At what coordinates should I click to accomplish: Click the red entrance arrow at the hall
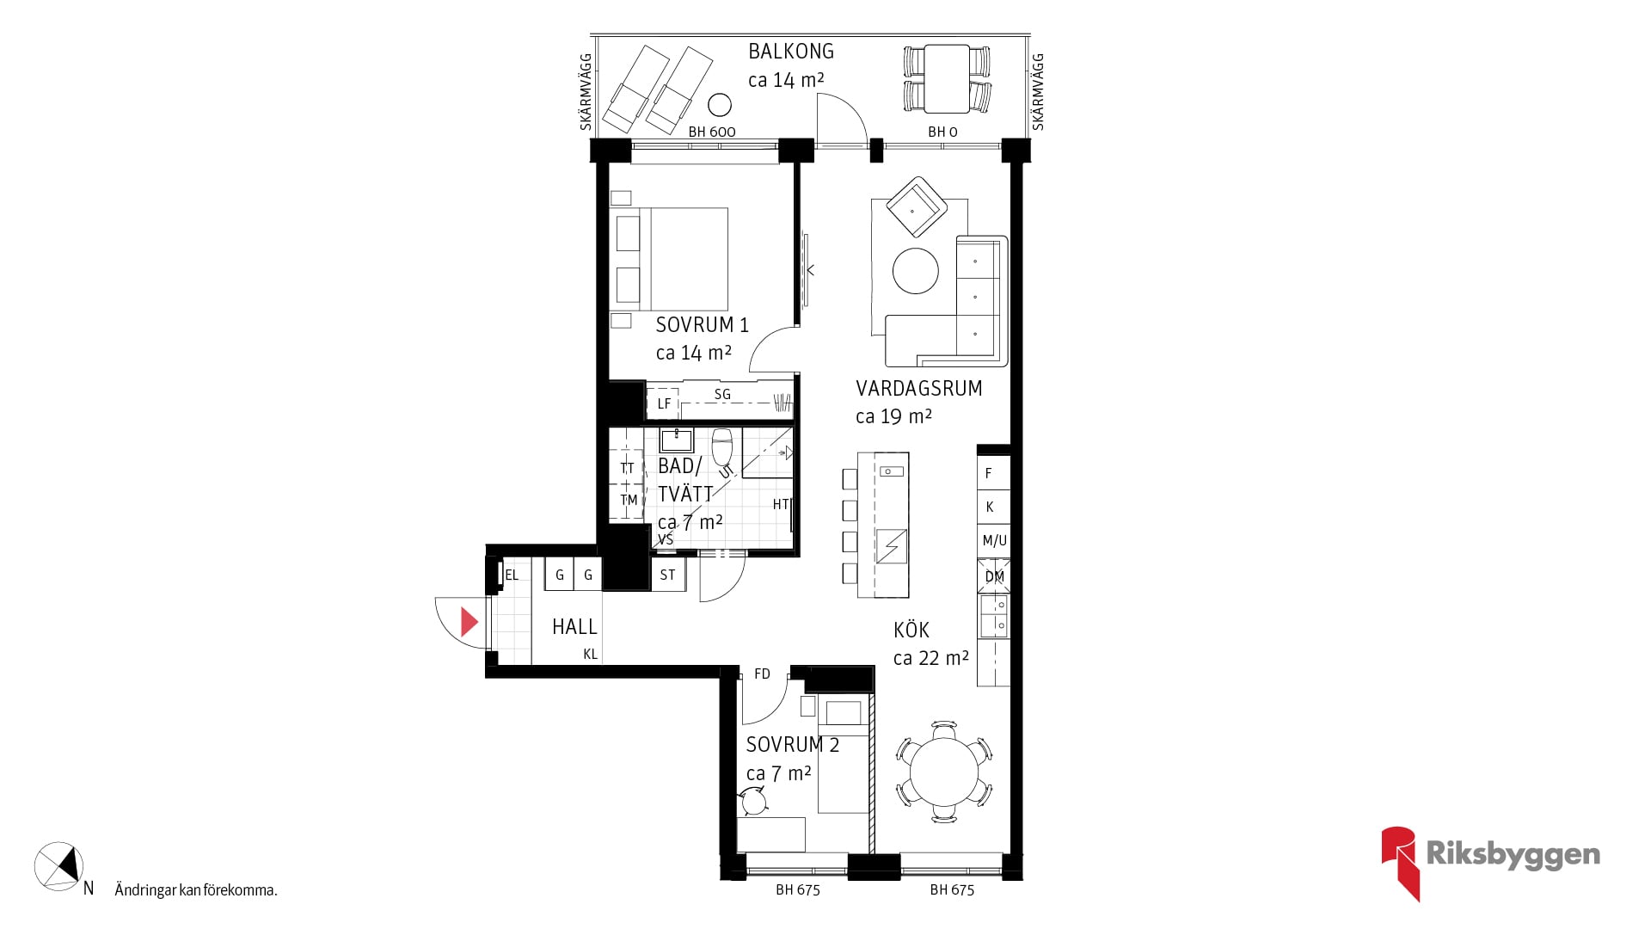[x=469, y=622]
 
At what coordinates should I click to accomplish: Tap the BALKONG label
[x=791, y=52]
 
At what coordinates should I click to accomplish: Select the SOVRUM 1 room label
[x=702, y=325]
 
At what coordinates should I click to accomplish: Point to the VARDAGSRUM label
[x=918, y=389]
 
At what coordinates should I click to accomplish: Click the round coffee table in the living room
[x=915, y=271]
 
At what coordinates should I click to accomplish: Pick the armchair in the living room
[x=917, y=207]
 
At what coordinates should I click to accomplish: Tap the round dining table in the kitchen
[x=944, y=772]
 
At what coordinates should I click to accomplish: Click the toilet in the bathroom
[x=722, y=446]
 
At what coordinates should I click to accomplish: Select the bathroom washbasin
[x=677, y=440]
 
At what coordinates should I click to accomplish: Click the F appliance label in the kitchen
[x=989, y=473]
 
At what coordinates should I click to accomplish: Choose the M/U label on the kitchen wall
[x=995, y=541]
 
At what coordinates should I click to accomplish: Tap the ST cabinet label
[x=668, y=575]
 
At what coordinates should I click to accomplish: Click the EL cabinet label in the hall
[x=512, y=575]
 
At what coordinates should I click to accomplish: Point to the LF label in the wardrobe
[x=664, y=403]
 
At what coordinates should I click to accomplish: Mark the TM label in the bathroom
[x=629, y=500]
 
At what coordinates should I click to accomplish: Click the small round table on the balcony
[x=720, y=105]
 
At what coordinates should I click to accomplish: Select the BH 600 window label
[x=712, y=132]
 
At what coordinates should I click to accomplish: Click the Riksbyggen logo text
[x=1513, y=855]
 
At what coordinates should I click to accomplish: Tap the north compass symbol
[x=58, y=865]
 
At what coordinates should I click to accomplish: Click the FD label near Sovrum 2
[x=762, y=674]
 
